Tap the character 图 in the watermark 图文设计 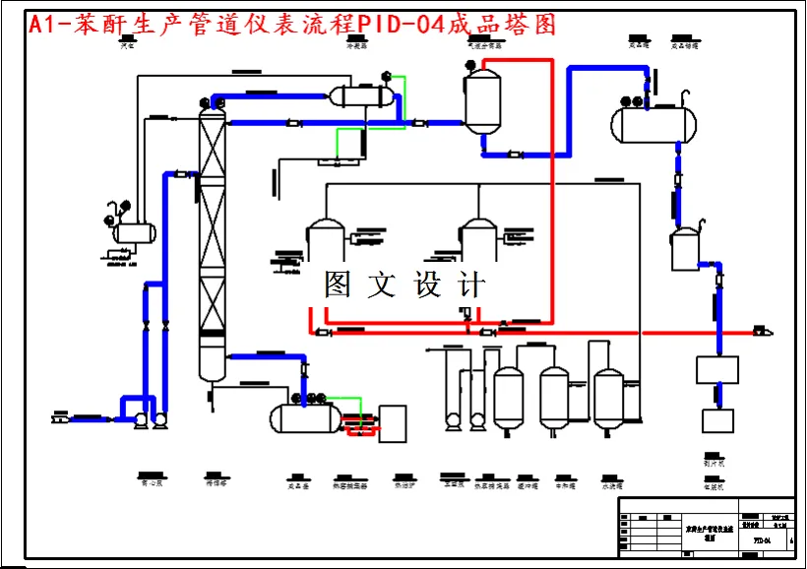pyautogui.click(x=338, y=285)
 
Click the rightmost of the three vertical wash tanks pyautogui.click(x=608, y=399)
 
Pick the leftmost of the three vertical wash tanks pyautogui.click(x=508, y=399)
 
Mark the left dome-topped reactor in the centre pyautogui.click(x=324, y=241)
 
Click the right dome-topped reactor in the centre pyautogui.click(x=478, y=241)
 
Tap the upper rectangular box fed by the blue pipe pyautogui.click(x=717, y=369)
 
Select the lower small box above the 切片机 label pyautogui.click(x=717, y=420)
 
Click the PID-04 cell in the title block pyautogui.click(x=761, y=540)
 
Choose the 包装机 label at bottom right pyautogui.click(x=714, y=485)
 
